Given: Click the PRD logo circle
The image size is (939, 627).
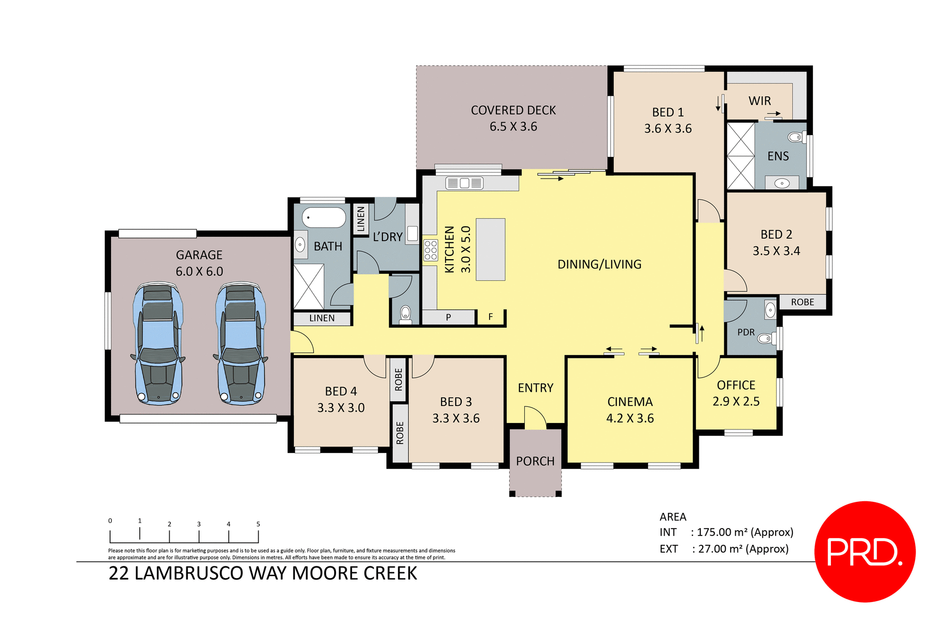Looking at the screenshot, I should pyautogui.click(x=865, y=551).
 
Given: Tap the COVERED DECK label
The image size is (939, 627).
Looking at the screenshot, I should pyautogui.click(x=513, y=111).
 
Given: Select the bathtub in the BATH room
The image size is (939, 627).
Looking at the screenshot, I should pyautogui.click(x=324, y=218).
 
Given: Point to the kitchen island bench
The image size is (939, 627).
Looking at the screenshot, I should pyautogui.click(x=490, y=249).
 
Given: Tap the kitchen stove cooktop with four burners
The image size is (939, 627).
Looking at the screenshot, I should pyautogui.click(x=430, y=250).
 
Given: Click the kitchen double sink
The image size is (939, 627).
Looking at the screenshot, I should pyautogui.click(x=464, y=183).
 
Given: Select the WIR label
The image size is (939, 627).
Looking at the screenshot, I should pyautogui.click(x=760, y=101).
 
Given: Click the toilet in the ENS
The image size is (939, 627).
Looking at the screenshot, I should pyautogui.click(x=796, y=137).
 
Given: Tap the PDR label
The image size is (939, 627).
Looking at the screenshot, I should pyautogui.click(x=746, y=332).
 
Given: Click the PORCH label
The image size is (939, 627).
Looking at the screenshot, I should pyautogui.click(x=535, y=461).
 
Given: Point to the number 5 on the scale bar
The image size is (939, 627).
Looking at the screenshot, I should pyautogui.click(x=258, y=524).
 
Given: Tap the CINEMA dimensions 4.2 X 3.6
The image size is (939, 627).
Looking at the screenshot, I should pyautogui.click(x=630, y=418).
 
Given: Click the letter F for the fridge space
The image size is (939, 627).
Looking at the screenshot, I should pyautogui.click(x=491, y=317).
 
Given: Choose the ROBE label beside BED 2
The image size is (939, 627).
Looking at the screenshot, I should pyautogui.click(x=803, y=302).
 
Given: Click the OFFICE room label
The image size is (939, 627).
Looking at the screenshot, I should pyautogui.click(x=736, y=385).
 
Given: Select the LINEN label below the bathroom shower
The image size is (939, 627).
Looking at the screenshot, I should pyautogui.click(x=322, y=318).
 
